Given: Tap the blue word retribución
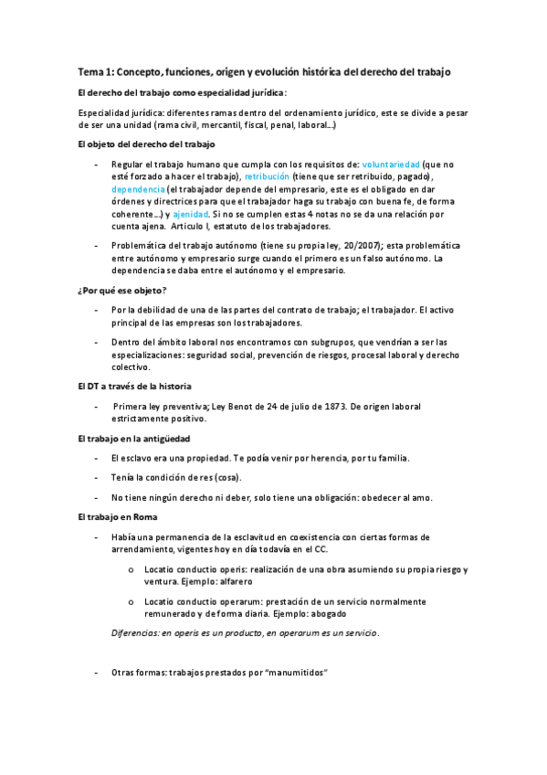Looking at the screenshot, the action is click(x=267, y=175).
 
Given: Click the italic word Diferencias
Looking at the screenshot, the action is click(x=137, y=632).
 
